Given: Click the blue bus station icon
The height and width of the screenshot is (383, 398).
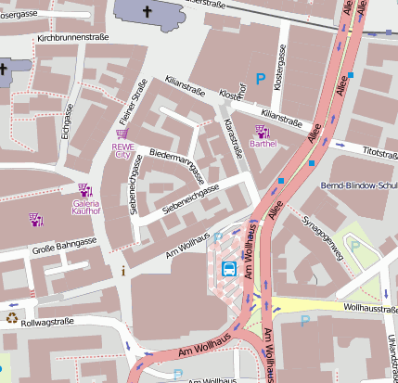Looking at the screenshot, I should click(x=229, y=270).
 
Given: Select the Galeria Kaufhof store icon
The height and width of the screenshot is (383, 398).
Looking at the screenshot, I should click(x=85, y=191).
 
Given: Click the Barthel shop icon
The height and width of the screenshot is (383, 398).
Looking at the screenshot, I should click(x=262, y=132).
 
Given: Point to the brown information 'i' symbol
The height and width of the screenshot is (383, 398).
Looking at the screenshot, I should click(x=123, y=272).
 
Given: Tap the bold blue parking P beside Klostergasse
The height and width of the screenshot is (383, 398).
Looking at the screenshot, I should click(x=261, y=81).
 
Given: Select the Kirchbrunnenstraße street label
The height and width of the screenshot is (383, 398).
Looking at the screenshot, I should click(x=72, y=38).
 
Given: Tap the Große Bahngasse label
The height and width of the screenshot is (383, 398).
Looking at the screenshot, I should click(x=65, y=248).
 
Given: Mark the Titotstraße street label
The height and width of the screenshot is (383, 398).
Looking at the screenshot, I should click(x=379, y=150).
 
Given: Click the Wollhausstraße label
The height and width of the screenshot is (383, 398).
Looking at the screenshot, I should click(x=370, y=306).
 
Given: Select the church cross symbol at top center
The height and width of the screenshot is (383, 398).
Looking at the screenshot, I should click(x=148, y=12).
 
